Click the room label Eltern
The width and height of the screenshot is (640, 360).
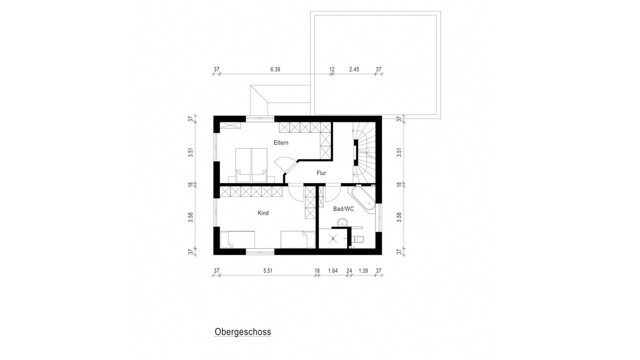pos(281,143)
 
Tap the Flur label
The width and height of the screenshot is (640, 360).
pos(321,173)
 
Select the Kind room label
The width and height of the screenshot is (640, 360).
pos(263,213)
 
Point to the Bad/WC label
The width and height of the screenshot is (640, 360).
pos(343,209)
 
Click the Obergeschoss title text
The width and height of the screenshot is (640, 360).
pos(243,332)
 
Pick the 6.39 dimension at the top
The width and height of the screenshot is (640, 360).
pos(275,69)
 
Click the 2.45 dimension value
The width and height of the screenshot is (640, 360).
pos(354,69)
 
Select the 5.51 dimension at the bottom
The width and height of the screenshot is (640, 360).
pos(268,271)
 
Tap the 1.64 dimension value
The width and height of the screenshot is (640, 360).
pos(333,271)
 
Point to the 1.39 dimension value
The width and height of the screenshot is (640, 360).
pos(363,271)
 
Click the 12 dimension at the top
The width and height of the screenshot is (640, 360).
pos(332,69)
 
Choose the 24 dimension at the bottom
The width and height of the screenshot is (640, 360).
pos(349,271)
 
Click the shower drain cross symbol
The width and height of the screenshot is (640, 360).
pos(332,239)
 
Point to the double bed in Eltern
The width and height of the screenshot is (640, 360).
pos(251,165)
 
